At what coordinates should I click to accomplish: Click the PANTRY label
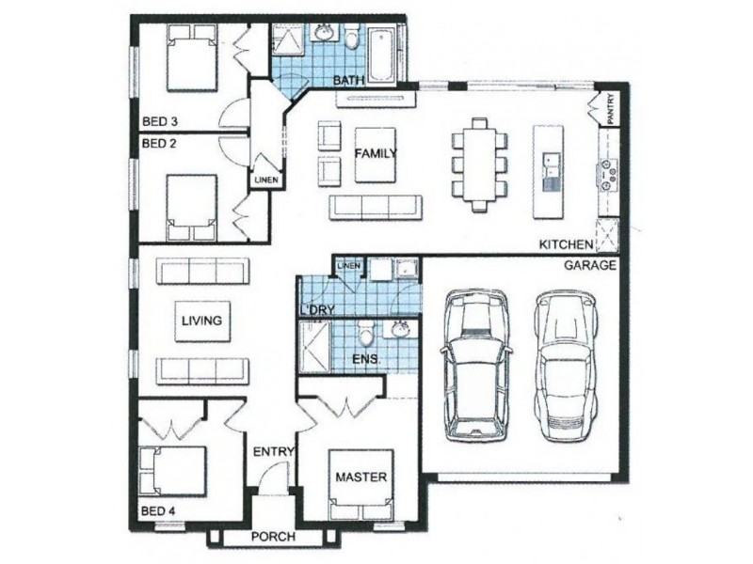tap(610, 109)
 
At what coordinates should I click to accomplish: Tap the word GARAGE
tap(590, 265)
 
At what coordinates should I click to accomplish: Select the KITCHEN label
tap(567, 244)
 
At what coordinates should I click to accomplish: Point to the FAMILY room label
tap(376, 153)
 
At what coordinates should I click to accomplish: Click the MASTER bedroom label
tap(361, 477)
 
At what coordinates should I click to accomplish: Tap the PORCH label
tap(273, 536)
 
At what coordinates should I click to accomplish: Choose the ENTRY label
tap(273, 451)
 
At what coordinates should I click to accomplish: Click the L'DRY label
tap(316, 310)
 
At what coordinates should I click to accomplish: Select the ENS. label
tap(366, 359)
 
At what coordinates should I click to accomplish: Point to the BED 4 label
tap(158, 511)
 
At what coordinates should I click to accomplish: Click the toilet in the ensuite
tap(366, 333)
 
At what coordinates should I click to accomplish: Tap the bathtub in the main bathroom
tap(382, 55)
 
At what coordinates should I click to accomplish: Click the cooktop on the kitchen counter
tap(606, 173)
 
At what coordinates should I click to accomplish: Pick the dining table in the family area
tap(479, 164)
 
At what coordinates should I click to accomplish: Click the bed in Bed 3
tap(191, 58)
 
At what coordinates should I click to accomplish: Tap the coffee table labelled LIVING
tap(201, 321)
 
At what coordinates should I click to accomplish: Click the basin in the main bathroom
tap(326, 34)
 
